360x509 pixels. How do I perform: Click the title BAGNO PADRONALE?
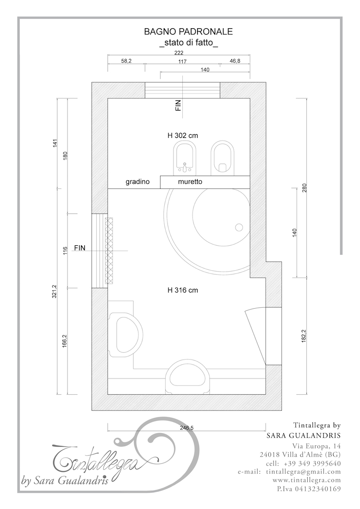point(188,31)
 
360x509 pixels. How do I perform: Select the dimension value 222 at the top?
point(179,53)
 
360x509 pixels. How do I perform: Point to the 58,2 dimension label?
point(126,61)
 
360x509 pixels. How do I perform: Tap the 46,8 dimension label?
point(235,61)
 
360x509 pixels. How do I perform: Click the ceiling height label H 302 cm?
point(182,136)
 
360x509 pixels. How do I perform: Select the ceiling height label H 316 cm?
point(182,290)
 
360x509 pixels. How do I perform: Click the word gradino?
point(137,182)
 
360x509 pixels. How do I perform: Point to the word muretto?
point(190,182)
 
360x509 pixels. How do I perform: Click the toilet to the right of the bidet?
point(223,158)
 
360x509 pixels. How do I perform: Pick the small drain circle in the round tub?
point(239,227)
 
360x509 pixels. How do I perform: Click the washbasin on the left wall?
point(125,333)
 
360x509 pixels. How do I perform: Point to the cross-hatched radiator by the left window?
point(109,251)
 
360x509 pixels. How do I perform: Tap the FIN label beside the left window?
point(80,248)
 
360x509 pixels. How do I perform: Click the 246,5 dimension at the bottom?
point(186,428)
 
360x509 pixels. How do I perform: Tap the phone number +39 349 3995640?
point(311,463)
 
